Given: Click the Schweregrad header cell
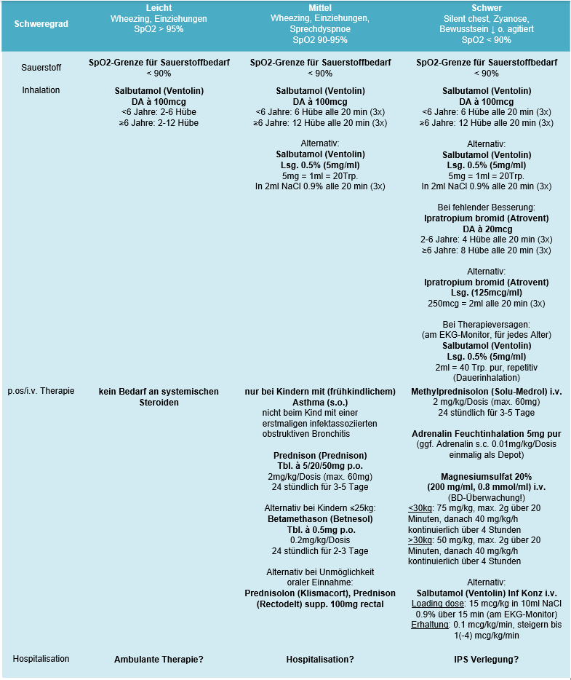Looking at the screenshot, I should click(41, 24).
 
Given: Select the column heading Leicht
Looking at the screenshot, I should click(159, 7).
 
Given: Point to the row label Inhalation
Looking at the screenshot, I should click(41, 90).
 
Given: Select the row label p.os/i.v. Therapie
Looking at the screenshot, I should click(41, 391).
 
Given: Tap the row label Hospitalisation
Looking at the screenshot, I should click(41, 659).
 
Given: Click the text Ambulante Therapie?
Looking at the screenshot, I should click(159, 660).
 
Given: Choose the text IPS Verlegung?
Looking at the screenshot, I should click(481, 660).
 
